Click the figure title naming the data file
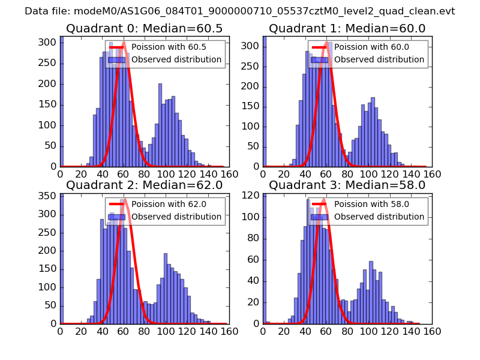click(x=240, y=11)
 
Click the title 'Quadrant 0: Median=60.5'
click(x=144, y=28)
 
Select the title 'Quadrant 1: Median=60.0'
click(x=347, y=28)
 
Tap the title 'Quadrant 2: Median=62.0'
click(x=144, y=185)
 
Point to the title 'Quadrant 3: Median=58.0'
click(x=347, y=185)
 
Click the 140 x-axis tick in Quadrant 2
click(x=208, y=331)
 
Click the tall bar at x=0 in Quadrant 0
click(x=62, y=102)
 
